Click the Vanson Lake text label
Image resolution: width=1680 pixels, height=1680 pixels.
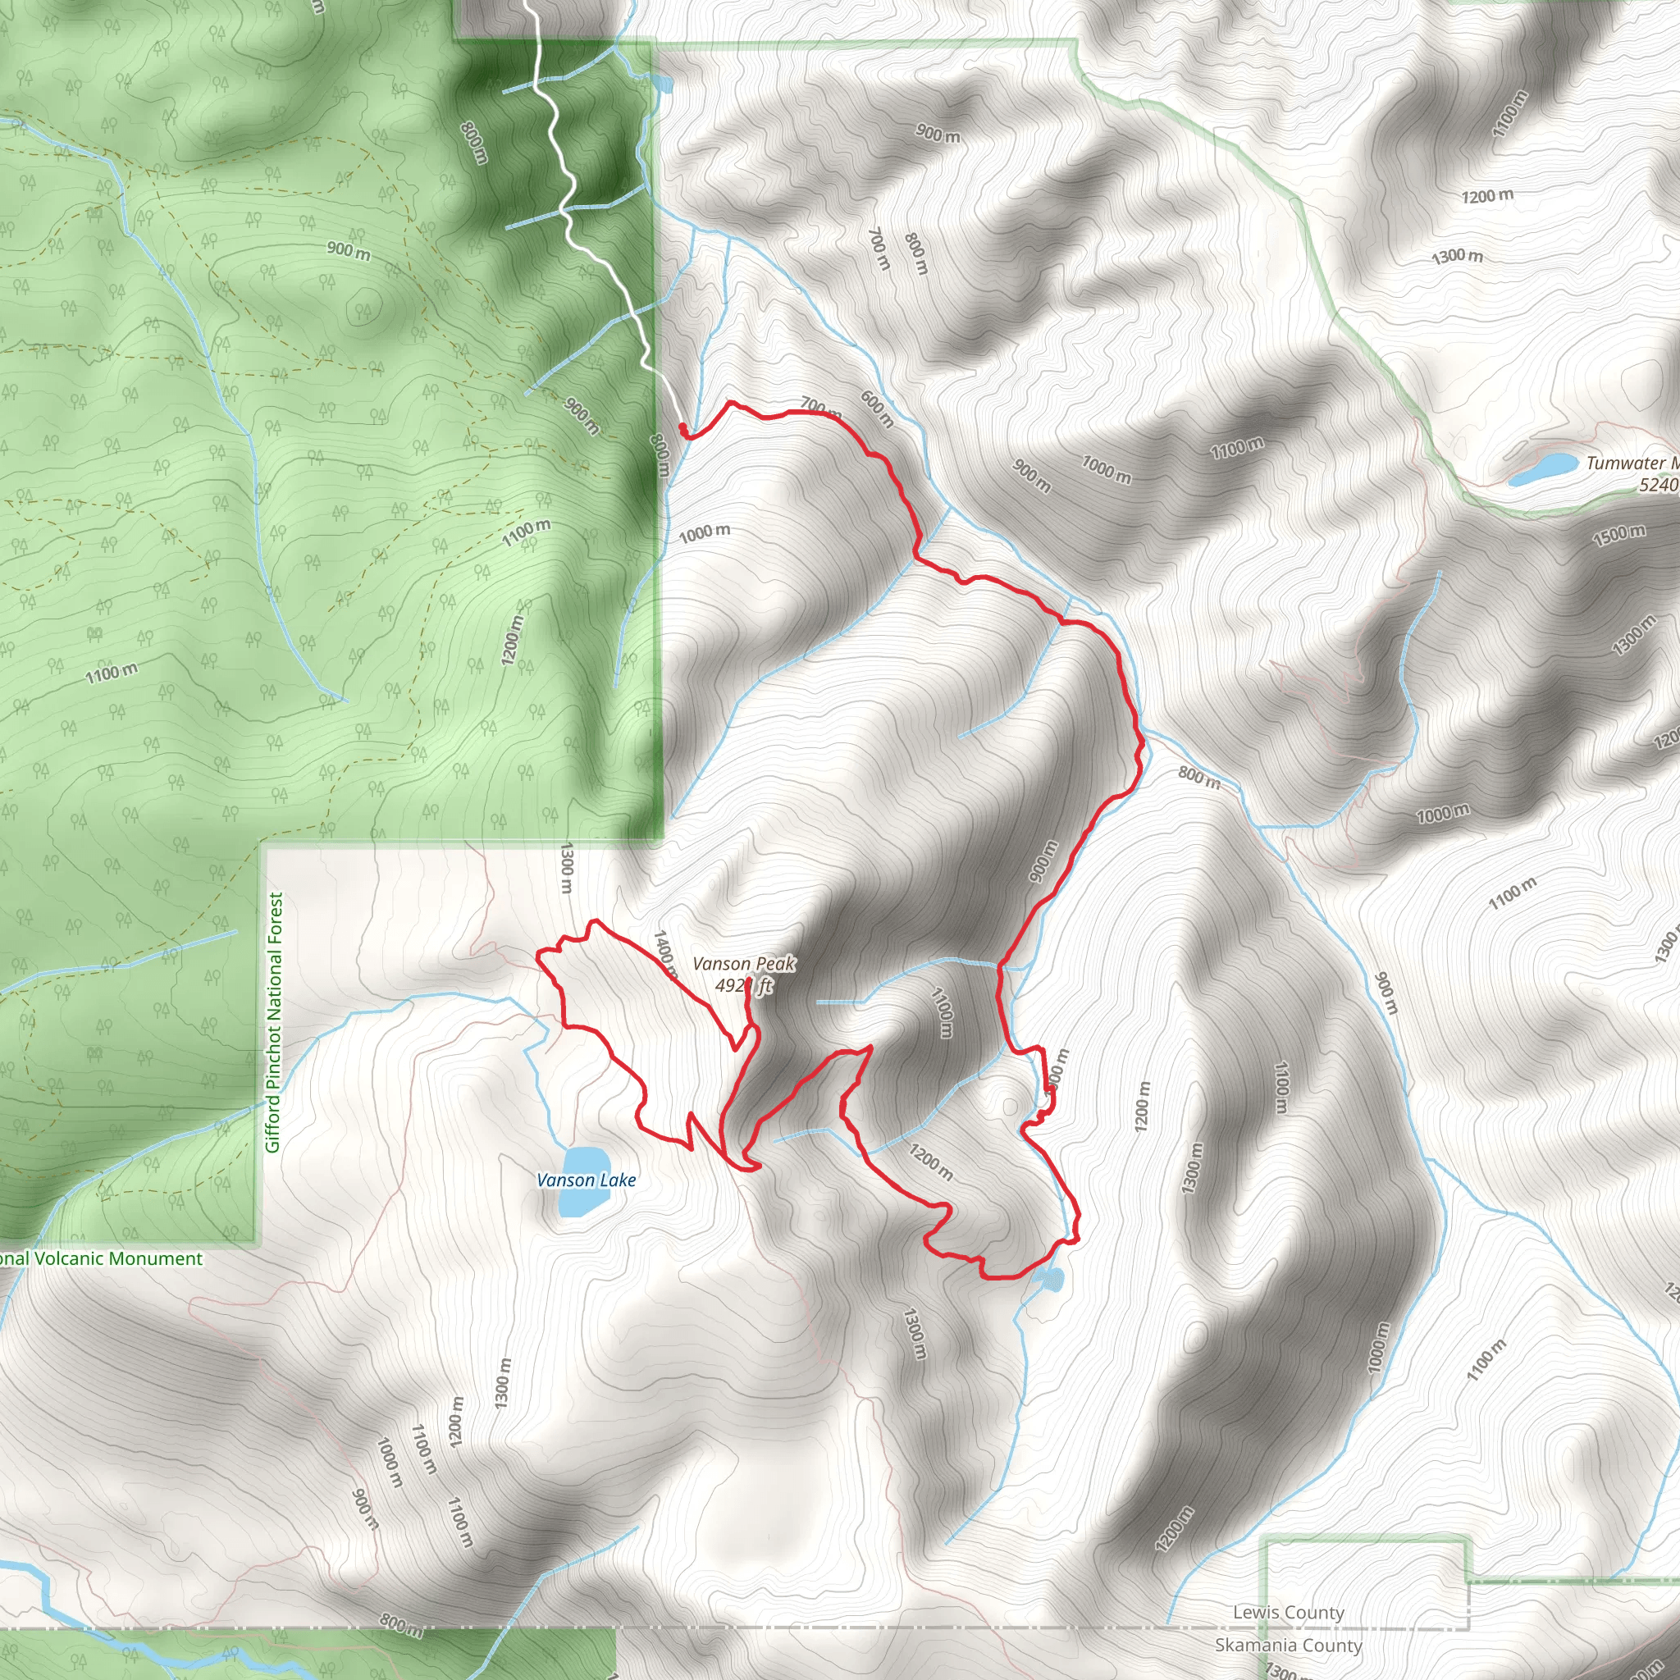click(586, 1180)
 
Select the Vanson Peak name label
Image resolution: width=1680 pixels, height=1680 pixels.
click(743, 964)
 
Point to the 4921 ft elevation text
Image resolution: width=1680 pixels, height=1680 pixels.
click(743, 985)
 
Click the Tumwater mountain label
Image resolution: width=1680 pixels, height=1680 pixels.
click(1632, 463)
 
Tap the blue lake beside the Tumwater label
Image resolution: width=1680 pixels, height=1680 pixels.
click(1543, 467)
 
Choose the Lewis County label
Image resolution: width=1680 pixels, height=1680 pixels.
click(1288, 1613)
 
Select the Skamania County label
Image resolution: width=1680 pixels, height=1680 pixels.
click(1288, 1646)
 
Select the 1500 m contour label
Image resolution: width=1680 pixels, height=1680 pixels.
click(1618, 535)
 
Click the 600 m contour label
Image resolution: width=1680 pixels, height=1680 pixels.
click(877, 409)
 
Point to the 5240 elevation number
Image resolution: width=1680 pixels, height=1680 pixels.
click(1658, 486)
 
